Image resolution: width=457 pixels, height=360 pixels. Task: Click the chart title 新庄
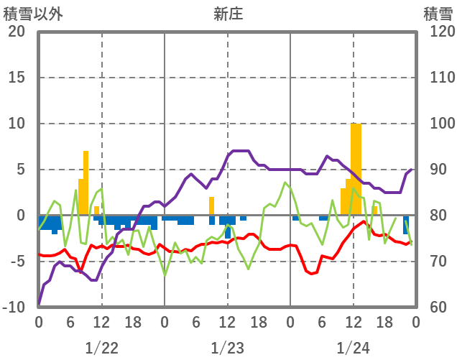(228, 14)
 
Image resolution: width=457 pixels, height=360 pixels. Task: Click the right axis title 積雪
(437, 14)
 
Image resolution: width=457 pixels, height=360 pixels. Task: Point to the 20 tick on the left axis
(17, 32)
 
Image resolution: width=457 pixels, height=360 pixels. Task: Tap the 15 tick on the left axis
(17, 78)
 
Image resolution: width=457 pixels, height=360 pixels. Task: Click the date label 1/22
(101, 348)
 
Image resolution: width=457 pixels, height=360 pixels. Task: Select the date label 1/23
(227, 348)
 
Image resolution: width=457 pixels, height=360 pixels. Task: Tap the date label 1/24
(353, 348)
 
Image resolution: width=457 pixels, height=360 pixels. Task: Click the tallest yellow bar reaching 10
(356, 169)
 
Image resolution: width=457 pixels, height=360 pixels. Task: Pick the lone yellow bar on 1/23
(212, 206)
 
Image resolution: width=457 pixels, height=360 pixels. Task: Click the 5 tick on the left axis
(21, 170)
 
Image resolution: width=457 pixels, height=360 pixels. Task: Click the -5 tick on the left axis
(18, 262)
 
